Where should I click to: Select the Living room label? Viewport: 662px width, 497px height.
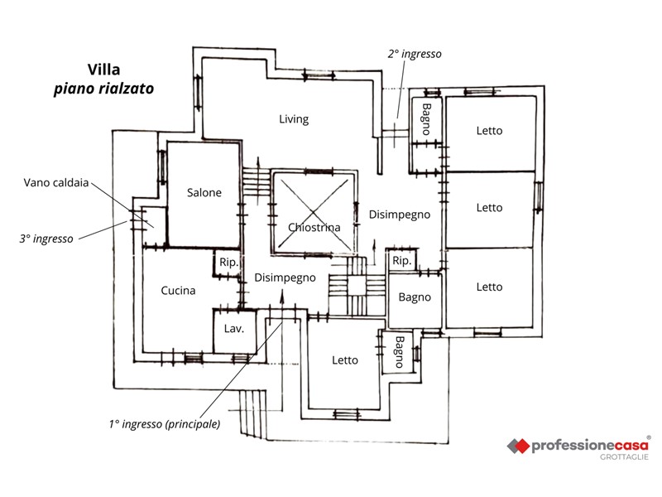click(294, 118)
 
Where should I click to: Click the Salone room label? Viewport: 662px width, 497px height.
click(204, 192)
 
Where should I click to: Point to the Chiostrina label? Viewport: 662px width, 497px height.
click(314, 227)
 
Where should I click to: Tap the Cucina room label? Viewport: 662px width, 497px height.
click(178, 291)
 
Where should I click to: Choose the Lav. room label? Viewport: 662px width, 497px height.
click(233, 328)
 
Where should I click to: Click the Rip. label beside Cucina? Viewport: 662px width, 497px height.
click(229, 263)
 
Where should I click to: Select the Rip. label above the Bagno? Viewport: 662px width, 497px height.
click(401, 261)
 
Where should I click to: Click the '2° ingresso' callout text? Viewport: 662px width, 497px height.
click(415, 53)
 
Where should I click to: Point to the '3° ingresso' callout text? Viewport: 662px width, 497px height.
click(46, 238)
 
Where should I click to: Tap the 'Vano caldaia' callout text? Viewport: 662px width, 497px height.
click(55, 182)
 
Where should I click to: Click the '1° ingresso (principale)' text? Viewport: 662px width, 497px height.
click(165, 424)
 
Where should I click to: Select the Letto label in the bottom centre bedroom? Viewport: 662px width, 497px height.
click(345, 360)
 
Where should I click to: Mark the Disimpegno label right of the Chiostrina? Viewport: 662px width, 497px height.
click(400, 215)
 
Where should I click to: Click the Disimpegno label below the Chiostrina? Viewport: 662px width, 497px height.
click(285, 278)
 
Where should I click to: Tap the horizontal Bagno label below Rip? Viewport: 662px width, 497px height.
click(415, 297)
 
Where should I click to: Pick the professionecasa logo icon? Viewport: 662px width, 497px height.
click(518, 446)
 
